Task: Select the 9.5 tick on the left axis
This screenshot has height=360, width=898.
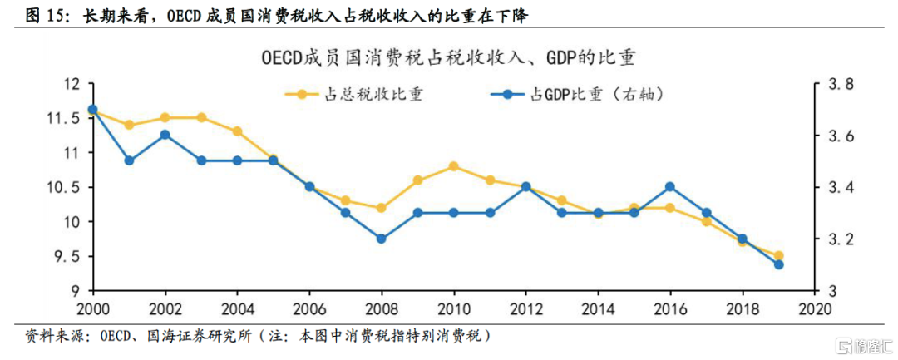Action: (72, 257)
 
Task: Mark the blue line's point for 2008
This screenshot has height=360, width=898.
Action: (381, 239)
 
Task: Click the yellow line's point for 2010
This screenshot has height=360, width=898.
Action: (453, 166)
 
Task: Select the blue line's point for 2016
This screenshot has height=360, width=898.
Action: (670, 187)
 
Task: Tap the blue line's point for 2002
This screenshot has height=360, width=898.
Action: (165, 135)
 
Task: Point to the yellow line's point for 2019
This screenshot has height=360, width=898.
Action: (778, 256)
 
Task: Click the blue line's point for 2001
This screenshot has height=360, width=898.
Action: (129, 160)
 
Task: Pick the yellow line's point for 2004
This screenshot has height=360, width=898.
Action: (237, 131)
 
